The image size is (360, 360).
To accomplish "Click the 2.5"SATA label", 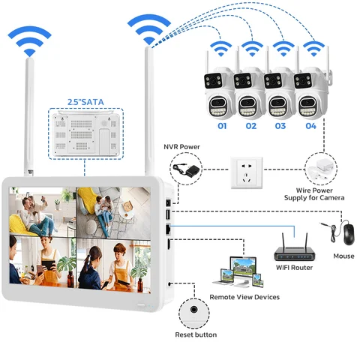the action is coord(85,102).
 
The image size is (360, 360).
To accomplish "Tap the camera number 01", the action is coord(222,126).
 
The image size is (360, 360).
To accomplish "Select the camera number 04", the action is coord(311,126).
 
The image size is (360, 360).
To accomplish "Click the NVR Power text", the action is coord(181,147).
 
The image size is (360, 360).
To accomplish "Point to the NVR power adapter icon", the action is coord(186,169).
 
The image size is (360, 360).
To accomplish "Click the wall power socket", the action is coord(247,172).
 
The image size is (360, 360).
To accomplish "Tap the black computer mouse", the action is coord(349,234).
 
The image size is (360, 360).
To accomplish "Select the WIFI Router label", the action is coord(294,268).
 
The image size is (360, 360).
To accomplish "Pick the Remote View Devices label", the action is coord(244,297).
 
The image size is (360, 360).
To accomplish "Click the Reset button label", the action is coord(196,334).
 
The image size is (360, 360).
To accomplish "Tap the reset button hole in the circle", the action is coord(193,310).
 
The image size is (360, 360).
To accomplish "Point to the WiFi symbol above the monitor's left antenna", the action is coord(29,41).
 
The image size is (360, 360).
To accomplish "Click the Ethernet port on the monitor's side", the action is coord(168,229).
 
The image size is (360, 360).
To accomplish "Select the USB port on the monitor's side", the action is coord(168,214).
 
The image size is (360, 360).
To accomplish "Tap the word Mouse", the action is coord(343,256).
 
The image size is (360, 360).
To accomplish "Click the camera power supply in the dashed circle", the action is coord(319,169).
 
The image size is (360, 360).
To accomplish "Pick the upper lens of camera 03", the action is coord(273,81).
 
